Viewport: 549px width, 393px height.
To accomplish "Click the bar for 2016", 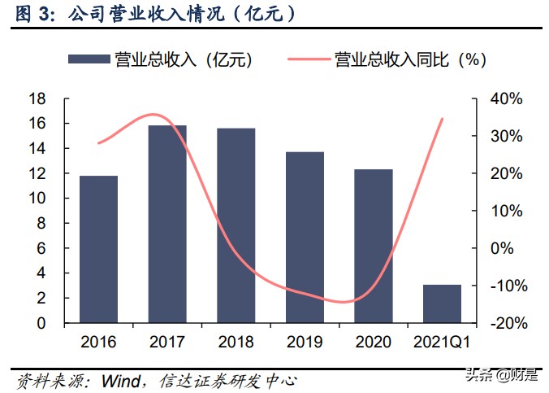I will coord(98,249).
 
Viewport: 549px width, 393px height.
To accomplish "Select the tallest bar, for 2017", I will coord(167,224).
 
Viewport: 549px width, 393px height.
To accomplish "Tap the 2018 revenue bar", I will coord(236,225).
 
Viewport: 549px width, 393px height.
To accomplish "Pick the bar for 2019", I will coord(305,237).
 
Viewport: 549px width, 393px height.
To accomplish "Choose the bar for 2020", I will coord(374,246).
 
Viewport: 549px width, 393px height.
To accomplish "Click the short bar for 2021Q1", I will coord(443,303).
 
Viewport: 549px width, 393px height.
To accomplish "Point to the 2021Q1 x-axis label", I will coord(443,341).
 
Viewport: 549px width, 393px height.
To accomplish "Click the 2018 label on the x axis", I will coord(236,341).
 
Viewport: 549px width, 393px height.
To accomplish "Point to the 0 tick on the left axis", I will coord(41,323).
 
